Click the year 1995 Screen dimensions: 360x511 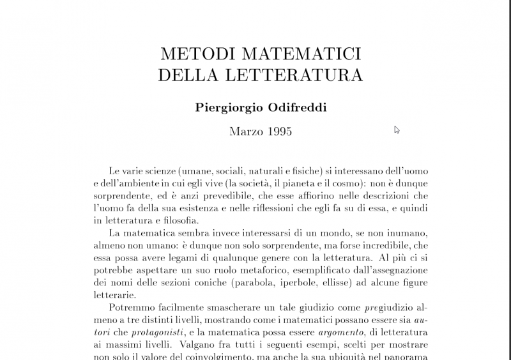click(280, 132)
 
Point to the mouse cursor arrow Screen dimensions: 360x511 click(397, 130)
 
